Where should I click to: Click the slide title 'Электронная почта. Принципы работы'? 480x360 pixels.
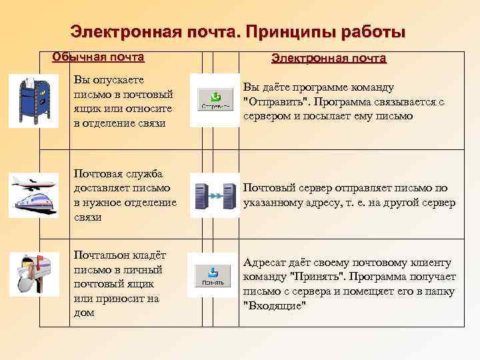tap(237, 31)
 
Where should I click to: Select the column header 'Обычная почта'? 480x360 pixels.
tap(98, 56)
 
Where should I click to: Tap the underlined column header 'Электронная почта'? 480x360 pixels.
tap(329, 58)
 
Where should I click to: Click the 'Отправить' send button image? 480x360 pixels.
tap(213, 101)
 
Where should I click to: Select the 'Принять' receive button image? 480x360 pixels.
tap(213, 275)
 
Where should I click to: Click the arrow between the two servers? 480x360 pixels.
tap(214, 196)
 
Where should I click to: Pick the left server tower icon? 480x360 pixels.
tap(199, 196)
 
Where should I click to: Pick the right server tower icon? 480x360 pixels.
tap(229, 196)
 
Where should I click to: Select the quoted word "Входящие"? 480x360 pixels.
tap(275, 305)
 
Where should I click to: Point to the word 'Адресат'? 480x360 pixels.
tap(267, 263)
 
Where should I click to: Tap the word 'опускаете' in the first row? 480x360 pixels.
tap(119, 80)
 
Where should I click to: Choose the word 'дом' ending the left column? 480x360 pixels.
tap(84, 312)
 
